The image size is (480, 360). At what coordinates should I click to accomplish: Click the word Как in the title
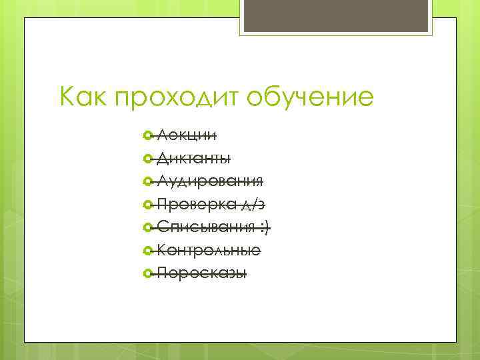(84, 98)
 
